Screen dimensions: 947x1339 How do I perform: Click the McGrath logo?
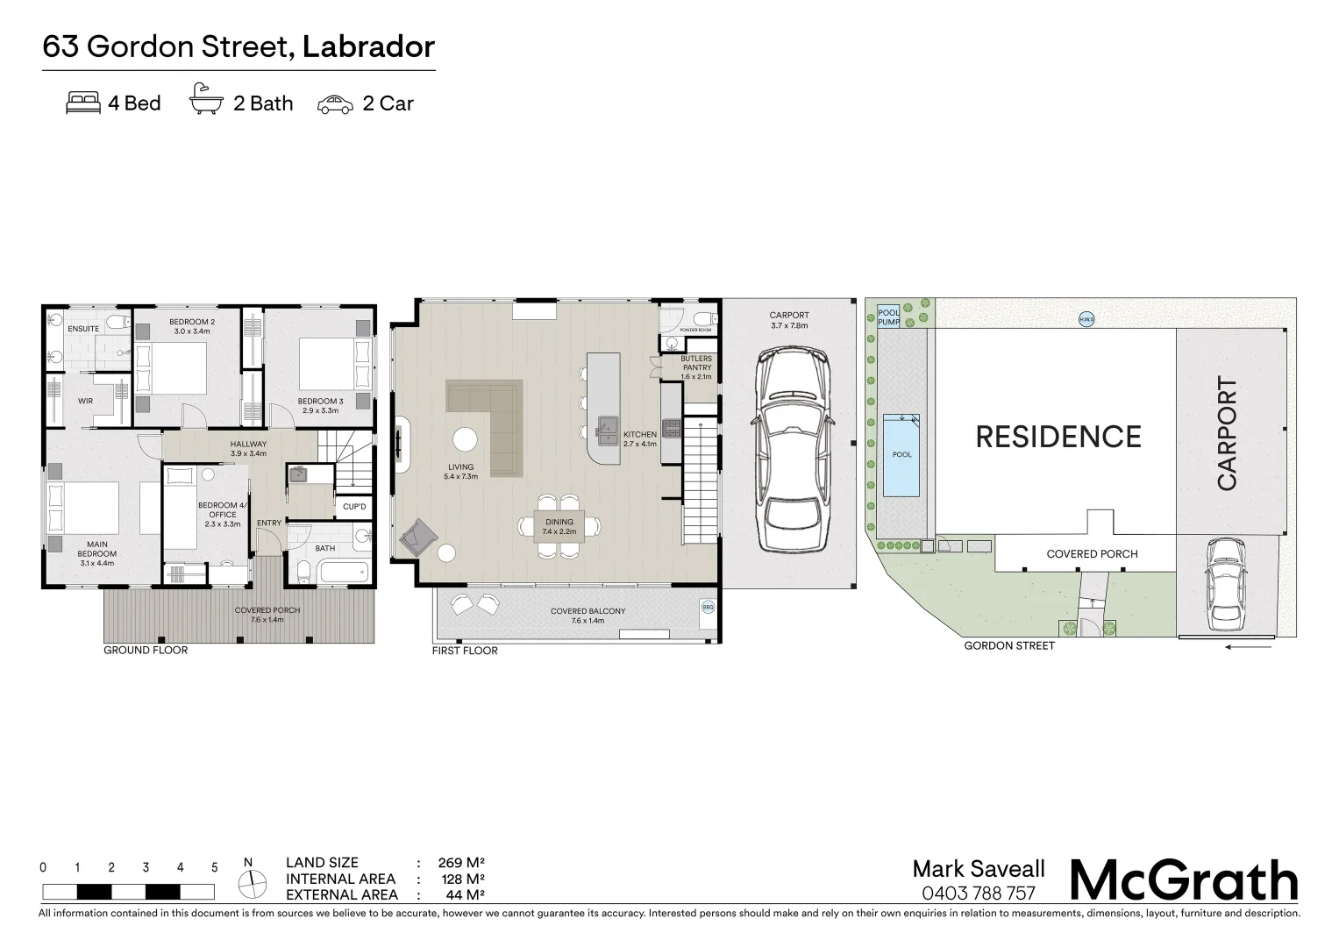click(1184, 879)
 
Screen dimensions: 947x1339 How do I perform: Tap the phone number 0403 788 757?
click(979, 894)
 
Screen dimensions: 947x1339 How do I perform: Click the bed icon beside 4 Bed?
click(83, 103)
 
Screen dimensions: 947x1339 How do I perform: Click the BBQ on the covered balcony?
click(707, 606)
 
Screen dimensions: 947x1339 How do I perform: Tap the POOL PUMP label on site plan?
click(888, 317)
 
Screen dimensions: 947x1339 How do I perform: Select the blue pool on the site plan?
click(901, 454)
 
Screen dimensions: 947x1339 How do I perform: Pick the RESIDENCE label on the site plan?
click(1058, 437)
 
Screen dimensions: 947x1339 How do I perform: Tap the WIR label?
click(85, 402)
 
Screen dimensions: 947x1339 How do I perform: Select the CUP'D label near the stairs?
click(354, 507)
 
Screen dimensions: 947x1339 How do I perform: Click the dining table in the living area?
click(559, 526)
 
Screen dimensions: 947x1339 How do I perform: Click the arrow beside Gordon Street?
click(1248, 648)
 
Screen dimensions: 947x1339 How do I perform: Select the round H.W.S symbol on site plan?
click(1086, 319)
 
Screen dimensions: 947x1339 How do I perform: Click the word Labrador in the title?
click(368, 46)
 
